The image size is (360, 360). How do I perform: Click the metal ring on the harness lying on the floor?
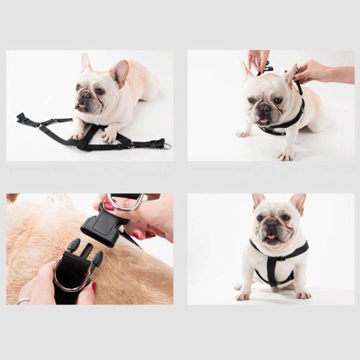[167, 146]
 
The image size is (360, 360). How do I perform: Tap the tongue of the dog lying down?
[80, 106]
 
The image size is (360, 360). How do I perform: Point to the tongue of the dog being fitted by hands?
[263, 121]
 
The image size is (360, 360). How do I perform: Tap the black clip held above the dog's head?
[266, 67]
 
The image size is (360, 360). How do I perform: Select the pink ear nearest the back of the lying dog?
[120, 72]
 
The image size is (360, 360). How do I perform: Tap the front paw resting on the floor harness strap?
[108, 137]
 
